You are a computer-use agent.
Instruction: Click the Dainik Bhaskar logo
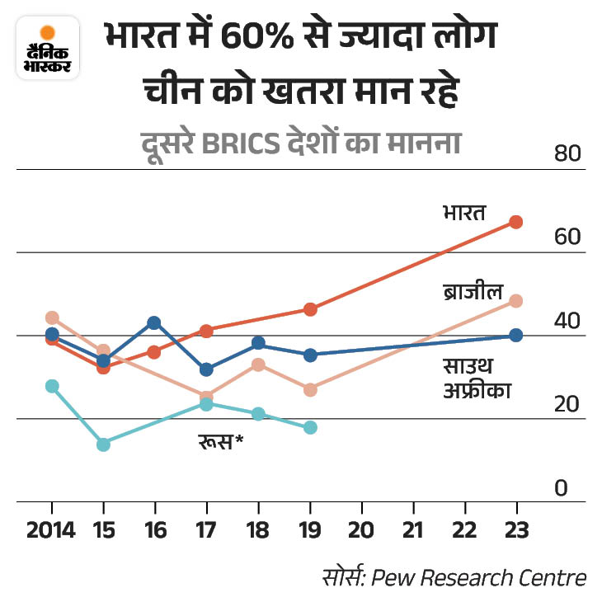tap(48, 49)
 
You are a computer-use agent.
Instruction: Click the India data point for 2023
tap(516, 222)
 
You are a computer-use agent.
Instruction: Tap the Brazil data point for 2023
tap(516, 301)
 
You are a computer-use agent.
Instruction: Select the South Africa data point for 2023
tap(516, 335)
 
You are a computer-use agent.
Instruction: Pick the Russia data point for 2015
tap(103, 444)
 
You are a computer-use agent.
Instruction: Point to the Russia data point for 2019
tap(310, 427)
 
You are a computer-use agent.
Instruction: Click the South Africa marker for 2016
tap(154, 322)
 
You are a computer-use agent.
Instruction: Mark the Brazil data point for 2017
tap(206, 397)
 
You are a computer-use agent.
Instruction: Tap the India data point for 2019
tap(310, 309)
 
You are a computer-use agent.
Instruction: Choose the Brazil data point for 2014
tap(52, 317)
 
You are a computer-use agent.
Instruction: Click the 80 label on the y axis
tap(567, 154)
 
